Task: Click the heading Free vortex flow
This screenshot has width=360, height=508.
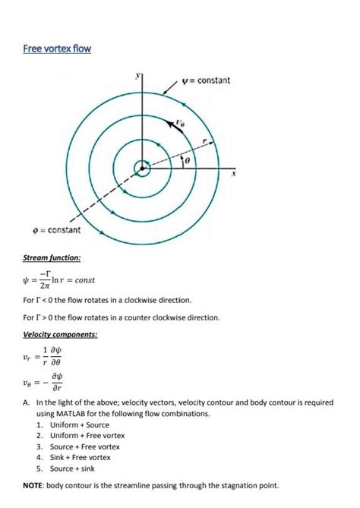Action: click(57, 49)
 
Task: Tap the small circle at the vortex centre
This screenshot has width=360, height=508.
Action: click(142, 168)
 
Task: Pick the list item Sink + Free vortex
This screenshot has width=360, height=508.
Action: click(79, 458)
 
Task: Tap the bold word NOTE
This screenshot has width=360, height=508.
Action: click(34, 484)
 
